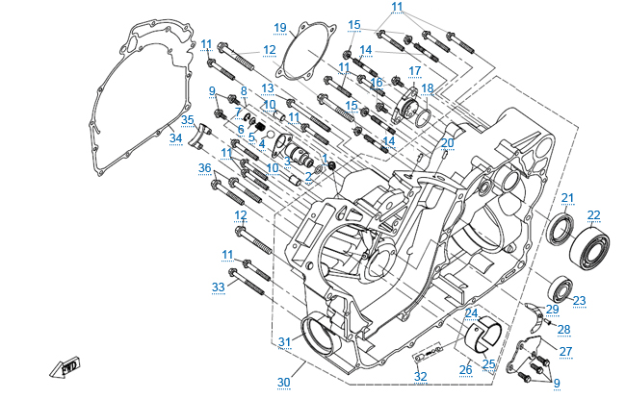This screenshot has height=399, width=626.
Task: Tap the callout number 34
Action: (x=175, y=138)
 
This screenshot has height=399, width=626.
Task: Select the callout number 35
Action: (x=188, y=120)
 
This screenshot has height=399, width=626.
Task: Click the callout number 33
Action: (x=219, y=287)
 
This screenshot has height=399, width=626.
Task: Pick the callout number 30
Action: (x=283, y=383)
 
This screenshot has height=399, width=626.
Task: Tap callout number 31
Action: (x=284, y=342)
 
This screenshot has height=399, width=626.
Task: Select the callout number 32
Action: (x=420, y=376)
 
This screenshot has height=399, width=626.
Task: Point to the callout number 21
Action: (x=567, y=198)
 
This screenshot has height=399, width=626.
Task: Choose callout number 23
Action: (x=579, y=300)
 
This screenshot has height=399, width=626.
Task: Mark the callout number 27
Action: (x=565, y=351)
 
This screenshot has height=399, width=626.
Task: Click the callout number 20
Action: (x=447, y=142)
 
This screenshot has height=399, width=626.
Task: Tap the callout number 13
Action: (x=268, y=87)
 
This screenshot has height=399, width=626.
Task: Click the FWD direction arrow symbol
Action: (x=70, y=366)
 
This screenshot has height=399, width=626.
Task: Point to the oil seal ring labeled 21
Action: (x=561, y=231)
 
